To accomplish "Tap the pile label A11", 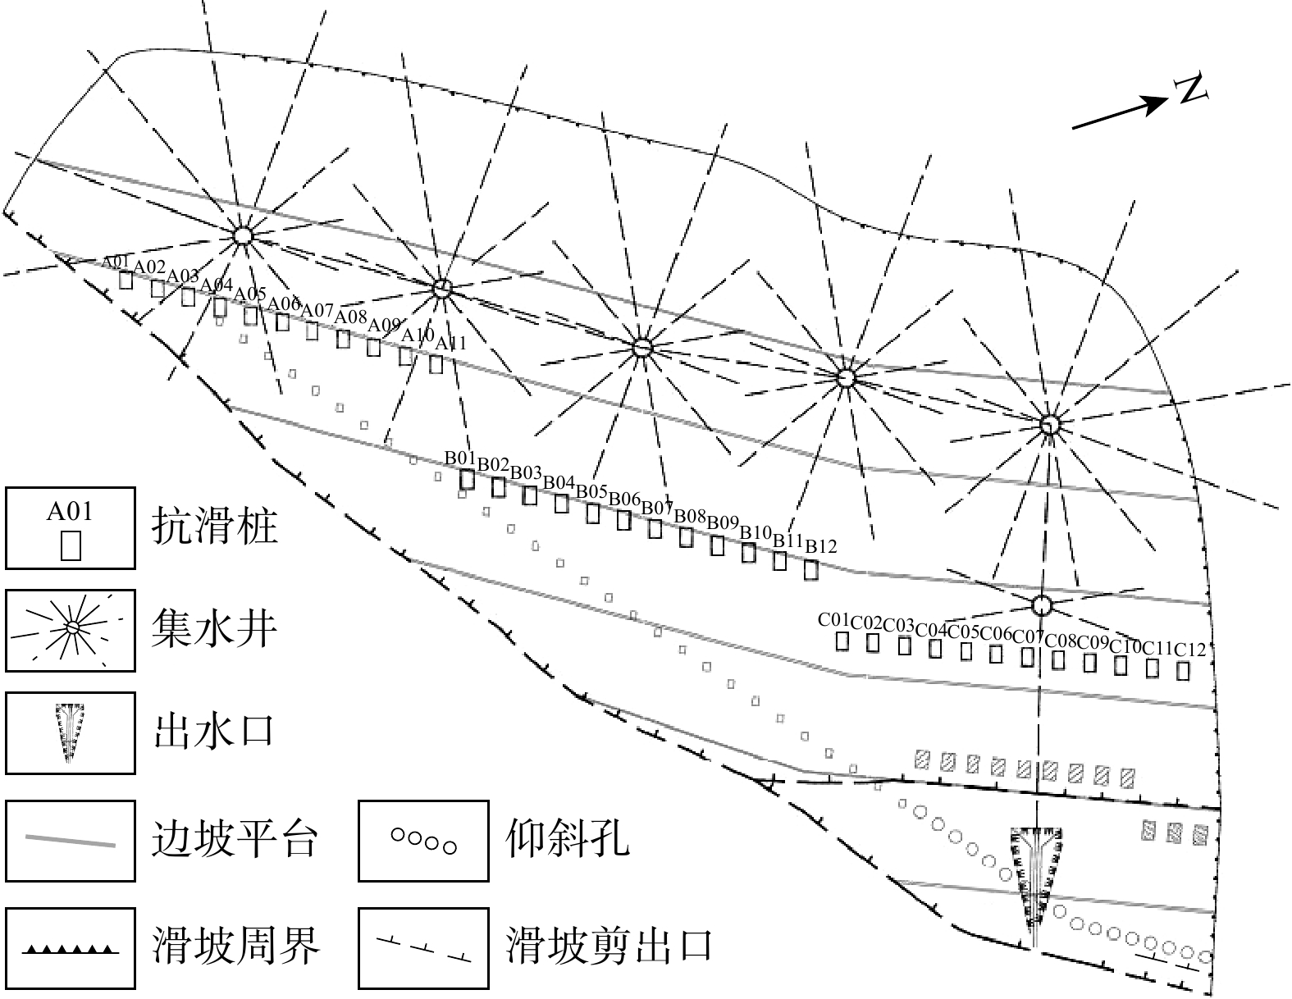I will pos(450,343).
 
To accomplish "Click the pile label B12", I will pos(821,545).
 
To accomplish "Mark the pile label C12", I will pos(1190,650).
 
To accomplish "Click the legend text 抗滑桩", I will pos(215,527).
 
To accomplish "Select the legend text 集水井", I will pos(215,629).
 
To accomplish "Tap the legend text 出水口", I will pos(215,732).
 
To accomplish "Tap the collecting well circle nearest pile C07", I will pos(1041,605).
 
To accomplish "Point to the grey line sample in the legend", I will pos(70,841).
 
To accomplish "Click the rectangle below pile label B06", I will pos(624,520).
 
